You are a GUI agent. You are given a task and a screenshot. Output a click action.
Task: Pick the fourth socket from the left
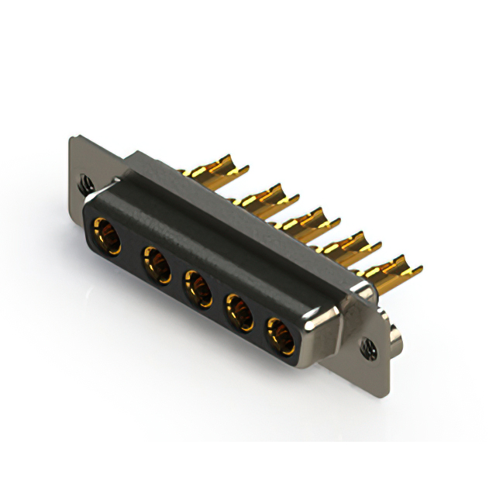(x=239, y=314)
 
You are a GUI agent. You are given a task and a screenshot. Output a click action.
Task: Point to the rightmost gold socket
(x=279, y=336)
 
